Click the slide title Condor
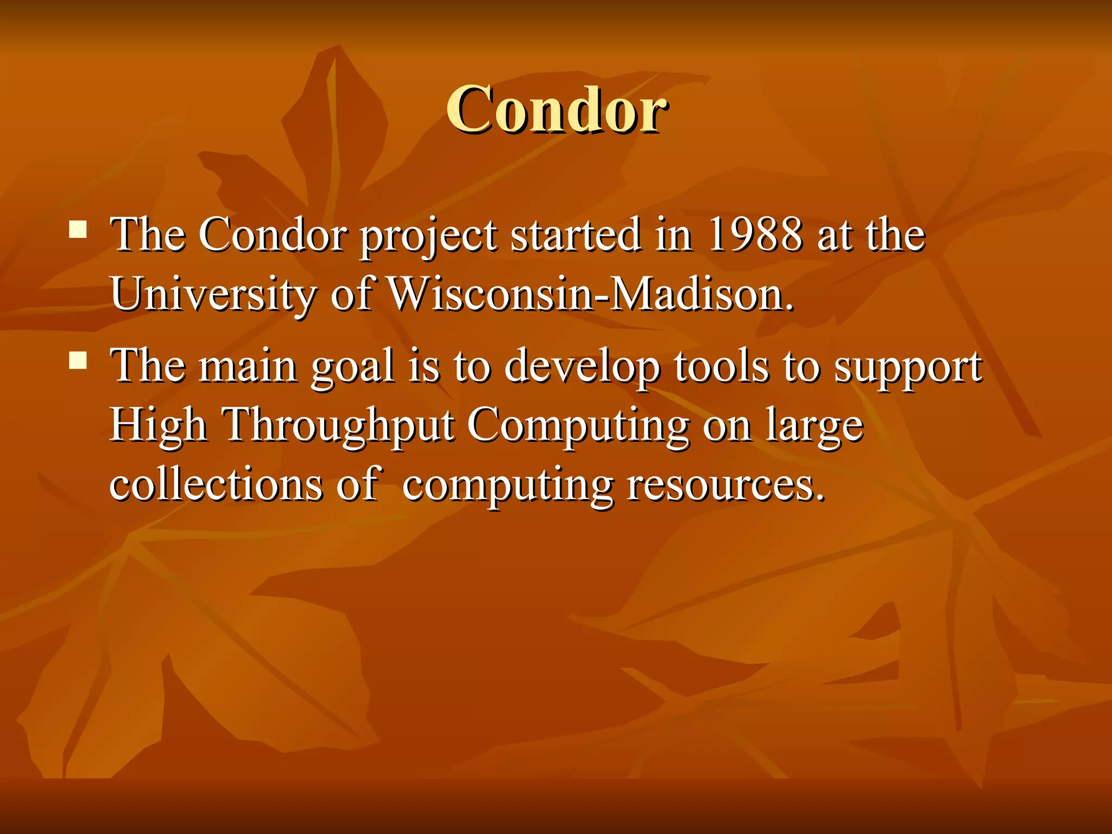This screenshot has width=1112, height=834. click(557, 110)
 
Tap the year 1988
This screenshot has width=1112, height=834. click(755, 235)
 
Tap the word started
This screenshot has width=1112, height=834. click(576, 235)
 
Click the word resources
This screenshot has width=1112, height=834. click(725, 485)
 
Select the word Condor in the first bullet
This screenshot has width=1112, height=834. click(273, 235)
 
